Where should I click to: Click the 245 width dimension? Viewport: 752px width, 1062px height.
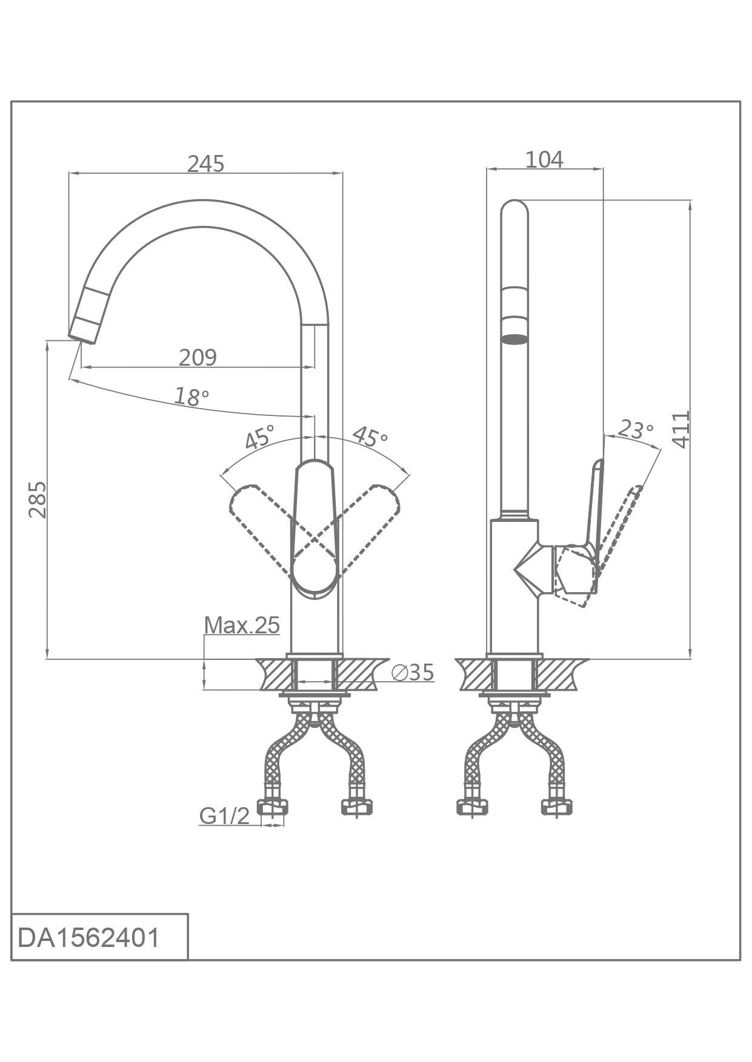[x=205, y=163]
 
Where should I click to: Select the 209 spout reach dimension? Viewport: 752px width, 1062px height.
[x=198, y=357]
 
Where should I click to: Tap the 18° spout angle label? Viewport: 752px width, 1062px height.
[x=191, y=397]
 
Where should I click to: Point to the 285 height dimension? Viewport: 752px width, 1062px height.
[x=38, y=500]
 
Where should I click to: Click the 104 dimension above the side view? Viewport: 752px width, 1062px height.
[x=544, y=159]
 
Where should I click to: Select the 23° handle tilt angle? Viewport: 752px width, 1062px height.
[x=635, y=429]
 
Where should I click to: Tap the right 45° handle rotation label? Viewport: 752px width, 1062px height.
[x=370, y=436]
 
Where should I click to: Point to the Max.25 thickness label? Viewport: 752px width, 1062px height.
[x=242, y=625]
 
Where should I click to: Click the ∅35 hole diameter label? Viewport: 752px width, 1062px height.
[x=413, y=672]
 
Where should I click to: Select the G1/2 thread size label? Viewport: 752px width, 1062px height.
[x=224, y=816]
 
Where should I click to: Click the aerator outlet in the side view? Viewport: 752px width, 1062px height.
[x=515, y=339]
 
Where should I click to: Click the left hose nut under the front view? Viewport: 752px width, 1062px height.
[x=273, y=806]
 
